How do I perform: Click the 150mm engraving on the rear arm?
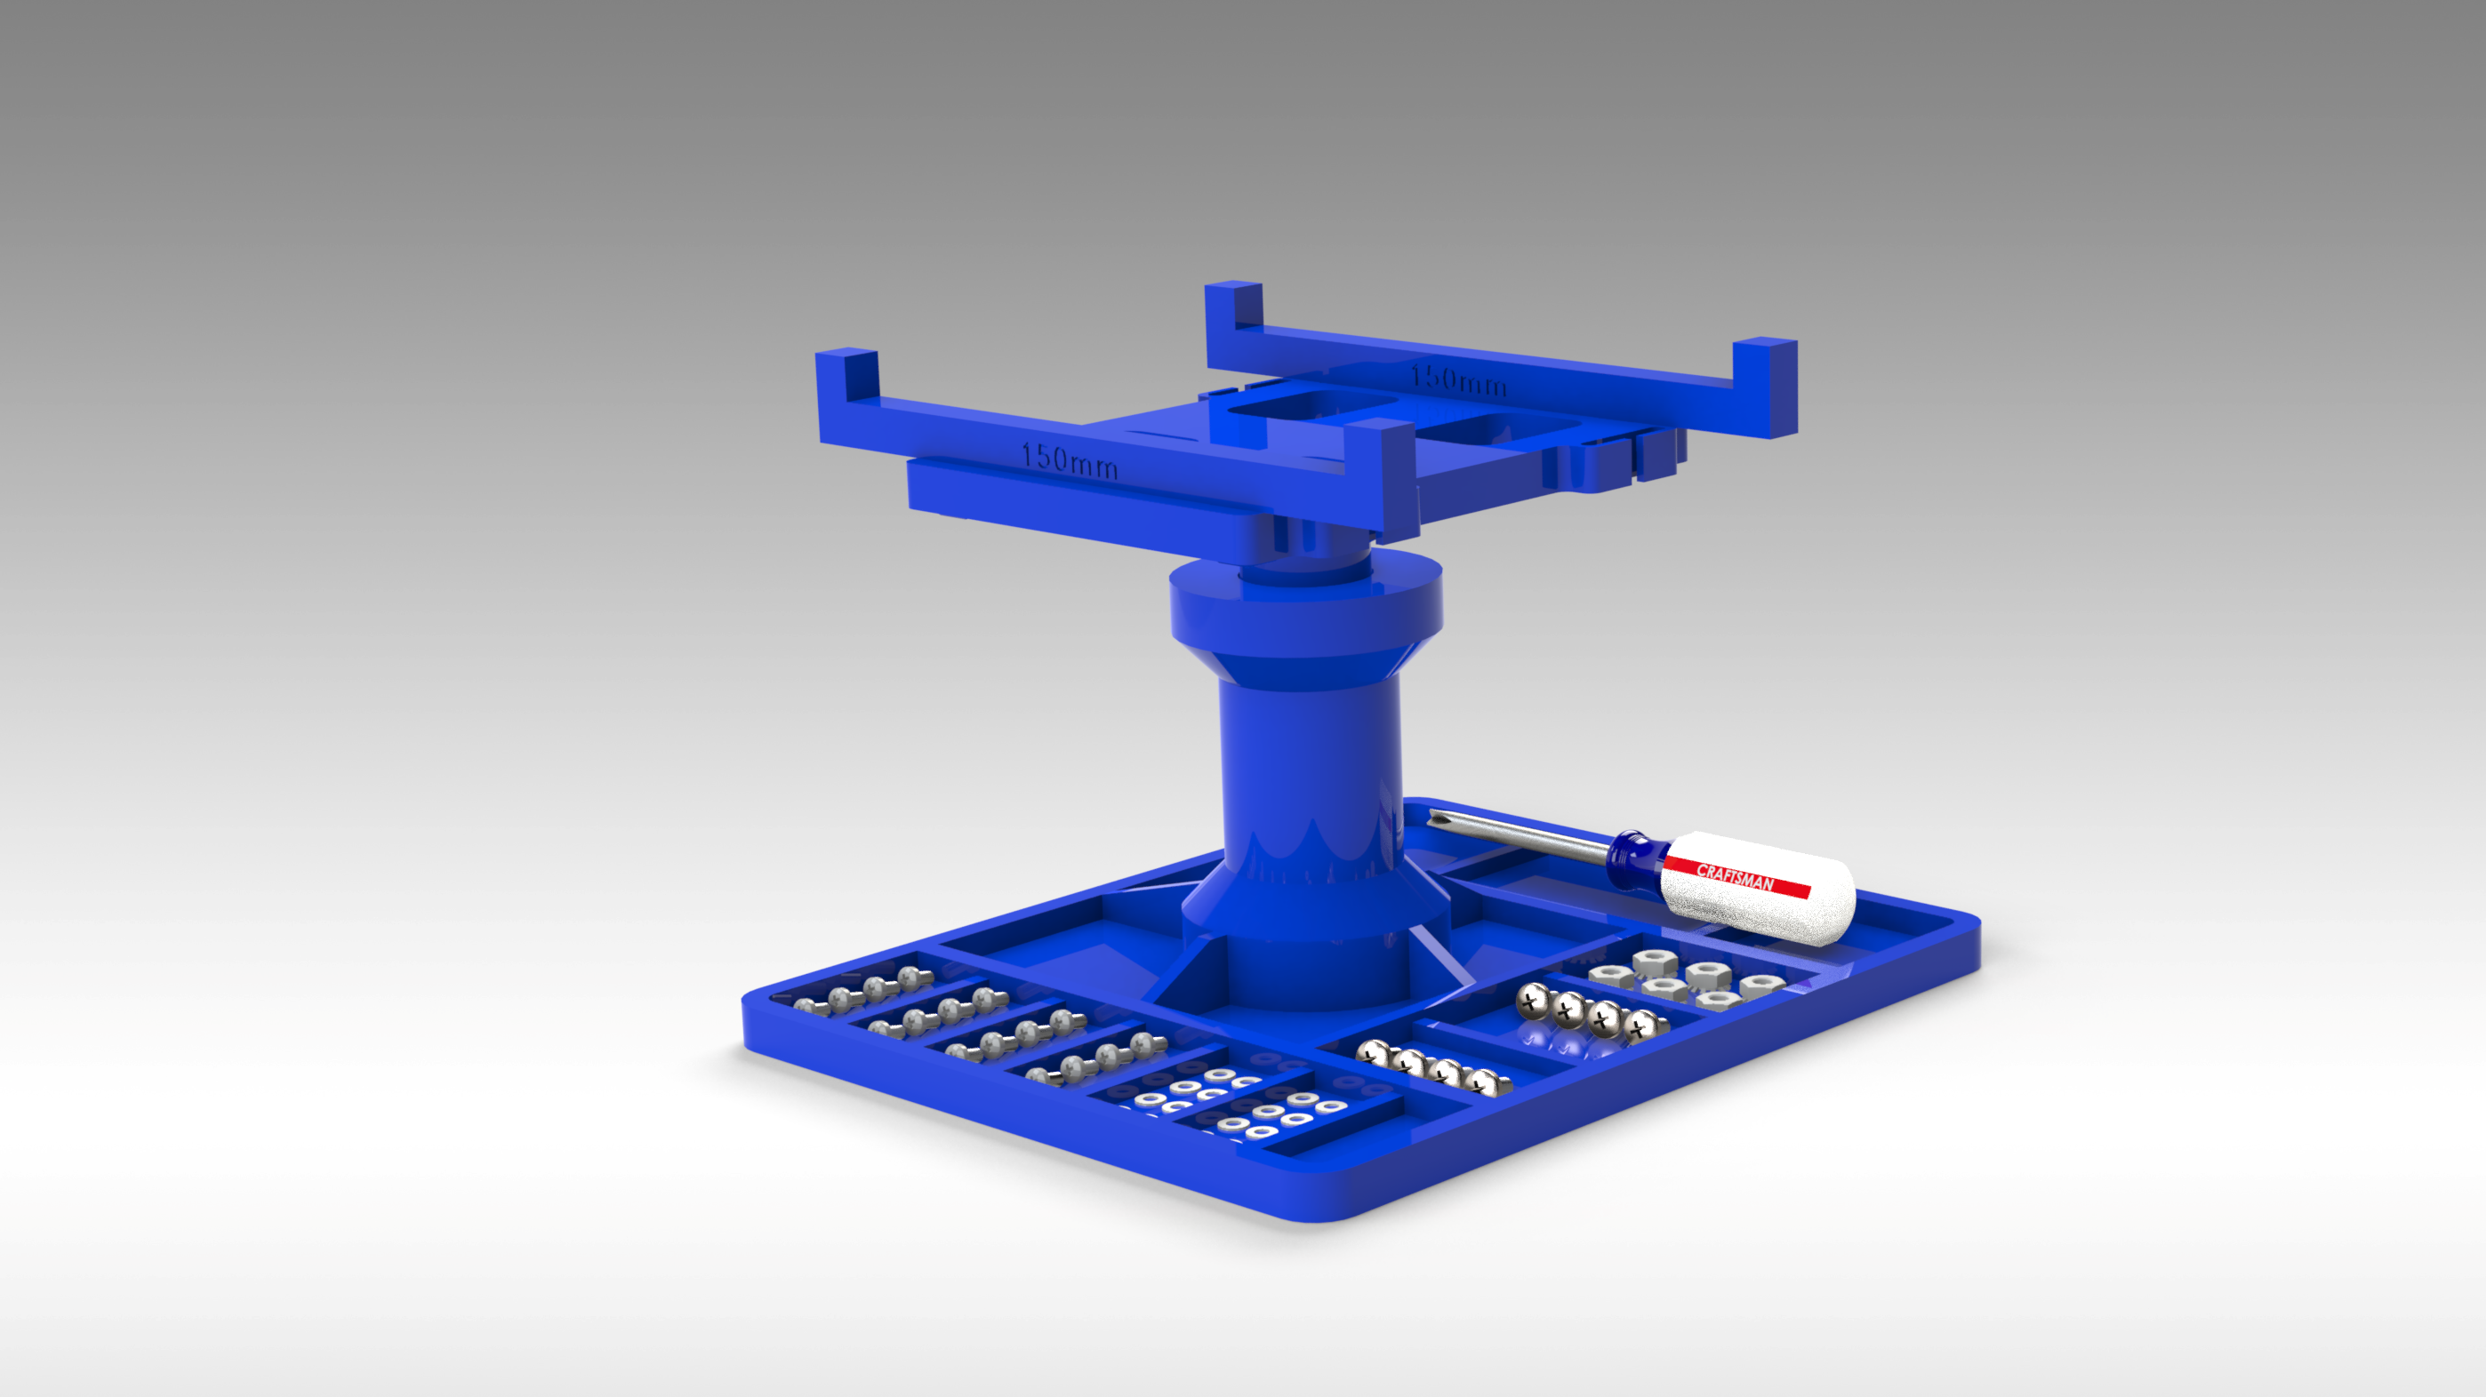(1458, 379)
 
